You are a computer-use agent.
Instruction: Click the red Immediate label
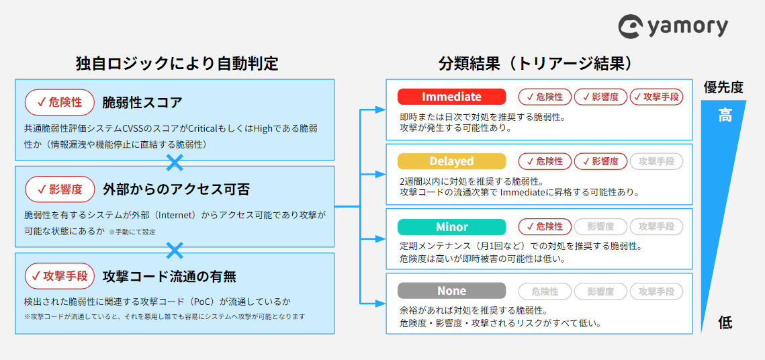coord(451,97)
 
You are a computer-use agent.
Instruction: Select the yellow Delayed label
coord(451,161)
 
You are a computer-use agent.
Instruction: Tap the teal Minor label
coord(451,227)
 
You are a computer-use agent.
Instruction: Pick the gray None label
coord(451,291)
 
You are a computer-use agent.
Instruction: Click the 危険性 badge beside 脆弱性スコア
coord(60,102)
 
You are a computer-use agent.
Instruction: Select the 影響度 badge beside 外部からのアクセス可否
coord(60,189)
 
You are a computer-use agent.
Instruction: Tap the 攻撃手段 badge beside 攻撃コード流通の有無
coord(60,276)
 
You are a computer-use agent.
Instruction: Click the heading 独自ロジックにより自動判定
coord(177,64)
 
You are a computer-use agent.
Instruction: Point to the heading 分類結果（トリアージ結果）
coord(535,64)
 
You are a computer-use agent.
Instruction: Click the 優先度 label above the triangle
coord(723,87)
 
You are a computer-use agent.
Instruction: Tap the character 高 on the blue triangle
coord(725,116)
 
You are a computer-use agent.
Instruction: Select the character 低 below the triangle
coord(725,322)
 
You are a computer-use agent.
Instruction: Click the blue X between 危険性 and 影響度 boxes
coord(175,163)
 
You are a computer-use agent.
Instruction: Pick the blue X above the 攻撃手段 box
coord(175,251)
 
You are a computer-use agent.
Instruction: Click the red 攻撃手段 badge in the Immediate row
coord(656,97)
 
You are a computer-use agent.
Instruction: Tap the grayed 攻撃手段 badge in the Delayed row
coord(656,161)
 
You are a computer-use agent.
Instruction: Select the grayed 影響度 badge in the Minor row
coord(600,227)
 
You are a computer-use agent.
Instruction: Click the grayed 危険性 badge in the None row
coord(545,291)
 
